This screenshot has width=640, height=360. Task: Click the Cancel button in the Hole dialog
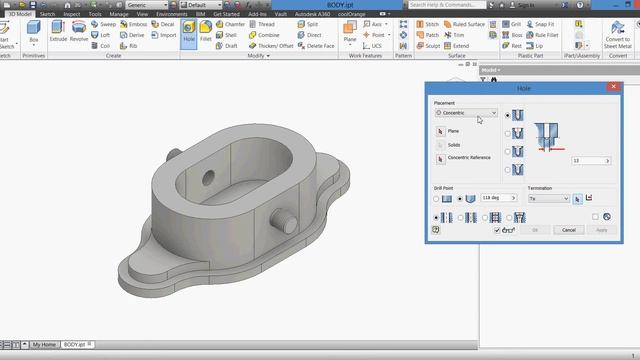point(568,230)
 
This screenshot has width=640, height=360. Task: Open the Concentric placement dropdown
point(466,113)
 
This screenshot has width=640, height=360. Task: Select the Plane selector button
point(439,131)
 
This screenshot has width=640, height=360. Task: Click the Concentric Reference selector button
point(439,158)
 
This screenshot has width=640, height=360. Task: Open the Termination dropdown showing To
point(549,198)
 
